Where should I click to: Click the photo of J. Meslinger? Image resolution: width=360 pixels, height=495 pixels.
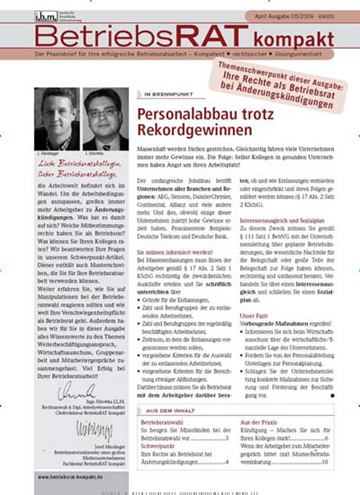point(58,120)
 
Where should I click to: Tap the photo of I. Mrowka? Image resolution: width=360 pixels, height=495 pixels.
point(104,120)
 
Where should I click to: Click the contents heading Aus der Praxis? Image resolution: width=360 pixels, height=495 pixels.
point(261,423)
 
